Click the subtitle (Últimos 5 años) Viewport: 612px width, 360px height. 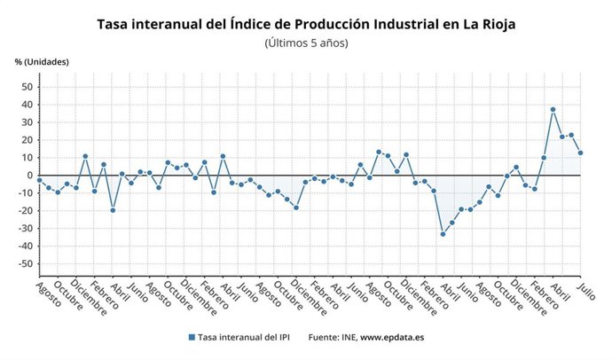point(306,43)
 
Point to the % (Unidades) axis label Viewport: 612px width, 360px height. point(41,61)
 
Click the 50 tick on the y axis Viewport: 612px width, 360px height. point(27,87)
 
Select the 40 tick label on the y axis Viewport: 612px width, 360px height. point(27,105)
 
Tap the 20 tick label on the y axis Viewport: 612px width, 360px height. point(27,140)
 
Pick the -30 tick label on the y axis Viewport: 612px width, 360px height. point(26,229)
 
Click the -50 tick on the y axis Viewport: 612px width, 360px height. point(26,264)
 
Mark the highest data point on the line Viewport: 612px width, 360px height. point(553,110)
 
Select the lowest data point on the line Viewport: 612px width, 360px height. point(443,234)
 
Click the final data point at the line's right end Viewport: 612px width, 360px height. point(580,153)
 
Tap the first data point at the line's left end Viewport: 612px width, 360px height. point(39,180)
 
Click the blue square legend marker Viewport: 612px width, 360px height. point(191,338)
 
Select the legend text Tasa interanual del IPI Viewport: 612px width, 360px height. point(245,338)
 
